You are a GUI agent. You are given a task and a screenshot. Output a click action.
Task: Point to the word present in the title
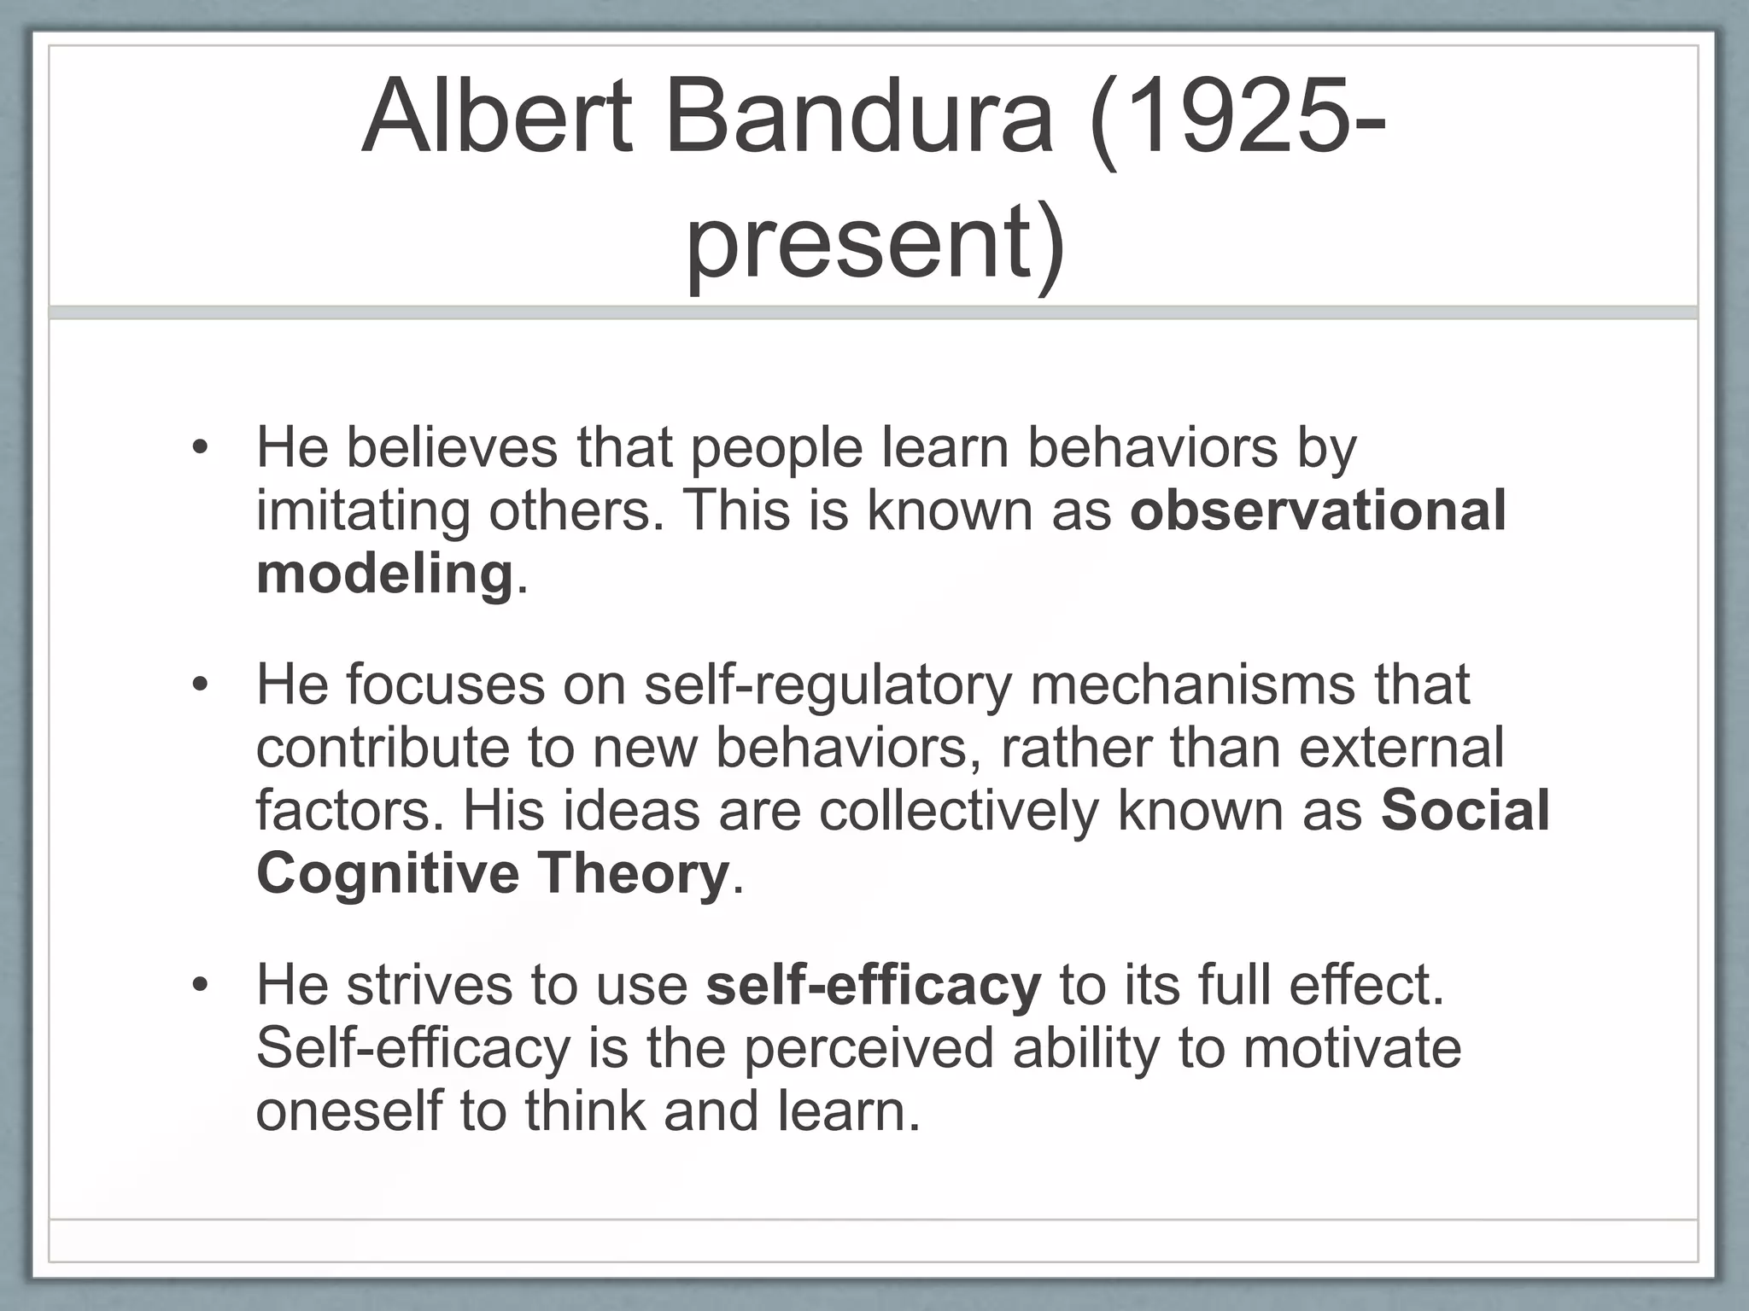(x=863, y=242)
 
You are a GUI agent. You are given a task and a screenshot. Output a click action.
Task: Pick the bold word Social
(x=1465, y=810)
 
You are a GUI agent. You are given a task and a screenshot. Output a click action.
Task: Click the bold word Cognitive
(x=388, y=873)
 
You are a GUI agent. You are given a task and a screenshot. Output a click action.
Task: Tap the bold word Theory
(x=632, y=873)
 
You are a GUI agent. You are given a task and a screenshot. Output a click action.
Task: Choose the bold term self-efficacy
(x=874, y=984)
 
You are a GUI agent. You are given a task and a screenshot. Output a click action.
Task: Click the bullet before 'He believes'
(x=200, y=447)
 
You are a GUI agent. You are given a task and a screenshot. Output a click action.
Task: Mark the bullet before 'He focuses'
(x=200, y=685)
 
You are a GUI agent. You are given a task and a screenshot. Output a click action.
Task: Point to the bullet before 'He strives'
(x=200, y=985)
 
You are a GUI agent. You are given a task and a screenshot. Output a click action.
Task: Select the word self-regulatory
(x=828, y=685)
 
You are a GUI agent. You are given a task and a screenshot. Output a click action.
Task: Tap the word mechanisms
(x=1192, y=685)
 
